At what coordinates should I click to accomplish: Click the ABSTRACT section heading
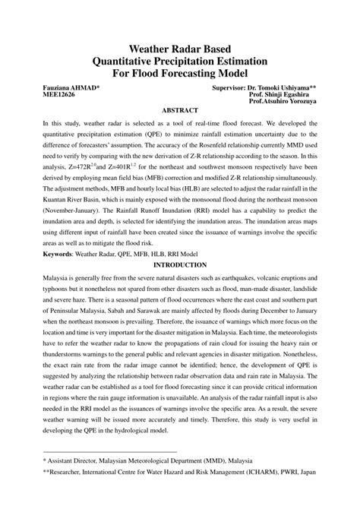(180, 109)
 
